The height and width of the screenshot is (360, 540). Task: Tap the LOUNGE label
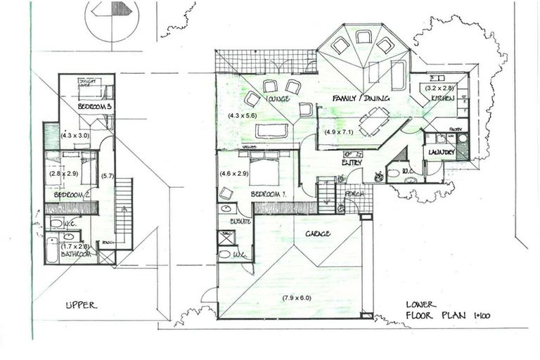[x=278, y=99]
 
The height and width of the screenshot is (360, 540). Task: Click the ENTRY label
[x=352, y=163]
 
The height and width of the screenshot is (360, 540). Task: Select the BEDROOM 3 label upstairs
[x=93, y=106]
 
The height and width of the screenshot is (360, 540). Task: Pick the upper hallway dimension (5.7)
[x=108, y=176]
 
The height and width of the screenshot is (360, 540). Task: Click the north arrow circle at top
[x=112, y=18]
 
